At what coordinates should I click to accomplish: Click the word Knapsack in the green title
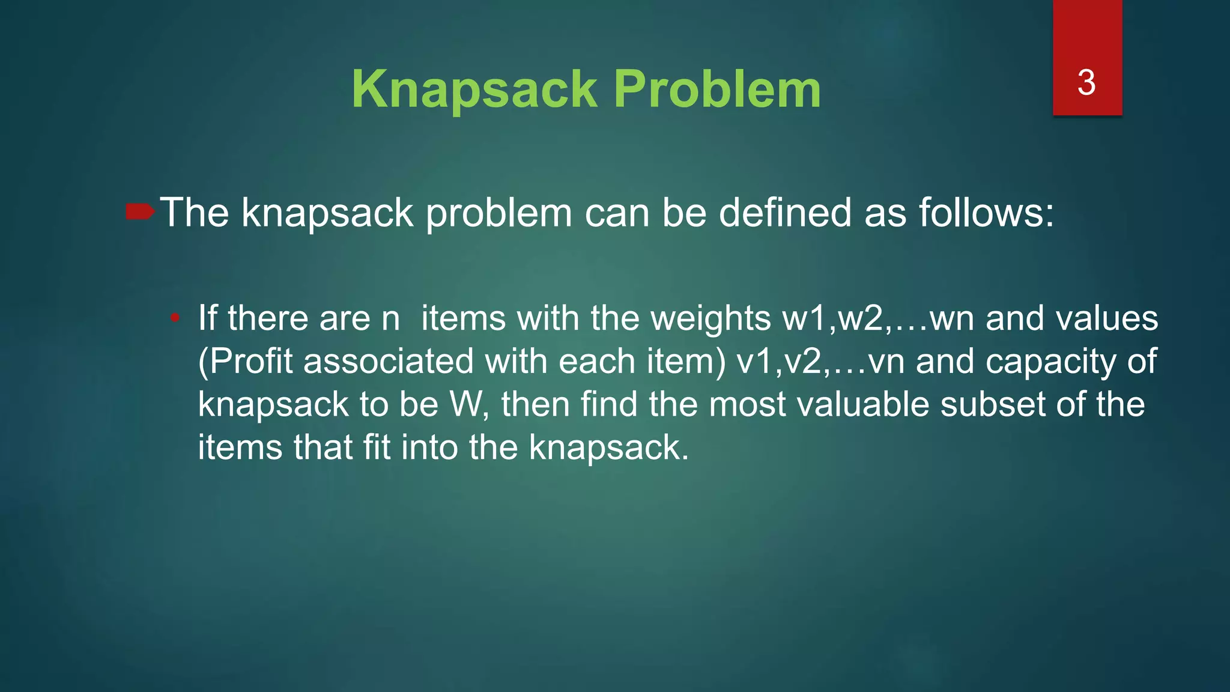(x=474, y=90)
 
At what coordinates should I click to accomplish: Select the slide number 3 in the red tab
(x=1086, y=82)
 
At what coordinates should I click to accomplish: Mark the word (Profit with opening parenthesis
(x=246, y=362)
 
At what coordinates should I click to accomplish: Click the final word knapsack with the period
(x=608, y=448)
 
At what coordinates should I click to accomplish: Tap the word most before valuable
(x=747, y=404)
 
